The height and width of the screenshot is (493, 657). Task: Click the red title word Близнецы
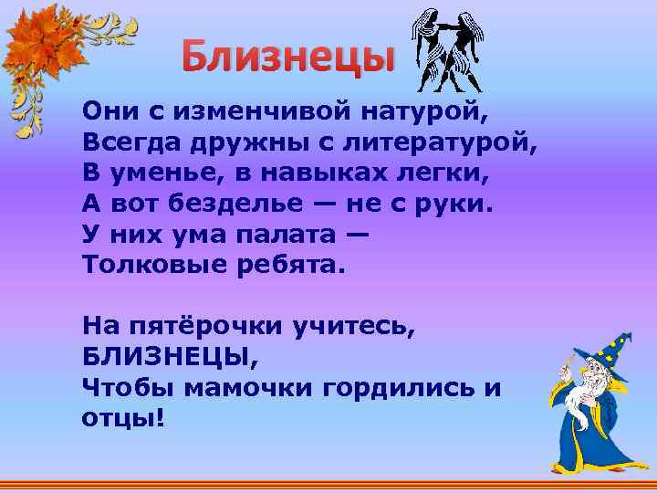(x=287, y=58)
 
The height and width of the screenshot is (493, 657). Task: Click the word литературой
(x=443, y=142)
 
